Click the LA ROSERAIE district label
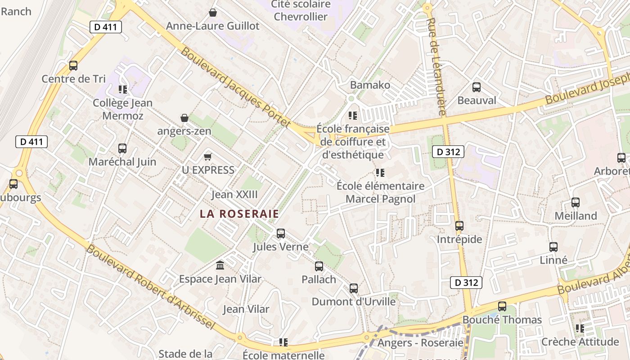(239, 214)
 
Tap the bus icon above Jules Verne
(281, 234)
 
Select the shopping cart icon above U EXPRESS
(207, 157)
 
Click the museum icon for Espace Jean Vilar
(220, 265)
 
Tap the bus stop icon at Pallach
(319, 266)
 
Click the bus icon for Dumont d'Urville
(354, 288)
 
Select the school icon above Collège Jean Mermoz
(122, 90)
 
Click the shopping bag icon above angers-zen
(184, 118)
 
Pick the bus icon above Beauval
(477, 87)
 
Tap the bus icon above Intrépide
(459, 226)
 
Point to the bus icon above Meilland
(576, 202)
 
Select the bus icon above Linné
(553, 247)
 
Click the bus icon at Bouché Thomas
(502, 306)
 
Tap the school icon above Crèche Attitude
(580, 328)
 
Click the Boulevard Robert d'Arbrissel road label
(150, 287)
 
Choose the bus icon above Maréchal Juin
(122, 148)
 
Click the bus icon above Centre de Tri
(73, 66)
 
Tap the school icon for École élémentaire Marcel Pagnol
(380, 172)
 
